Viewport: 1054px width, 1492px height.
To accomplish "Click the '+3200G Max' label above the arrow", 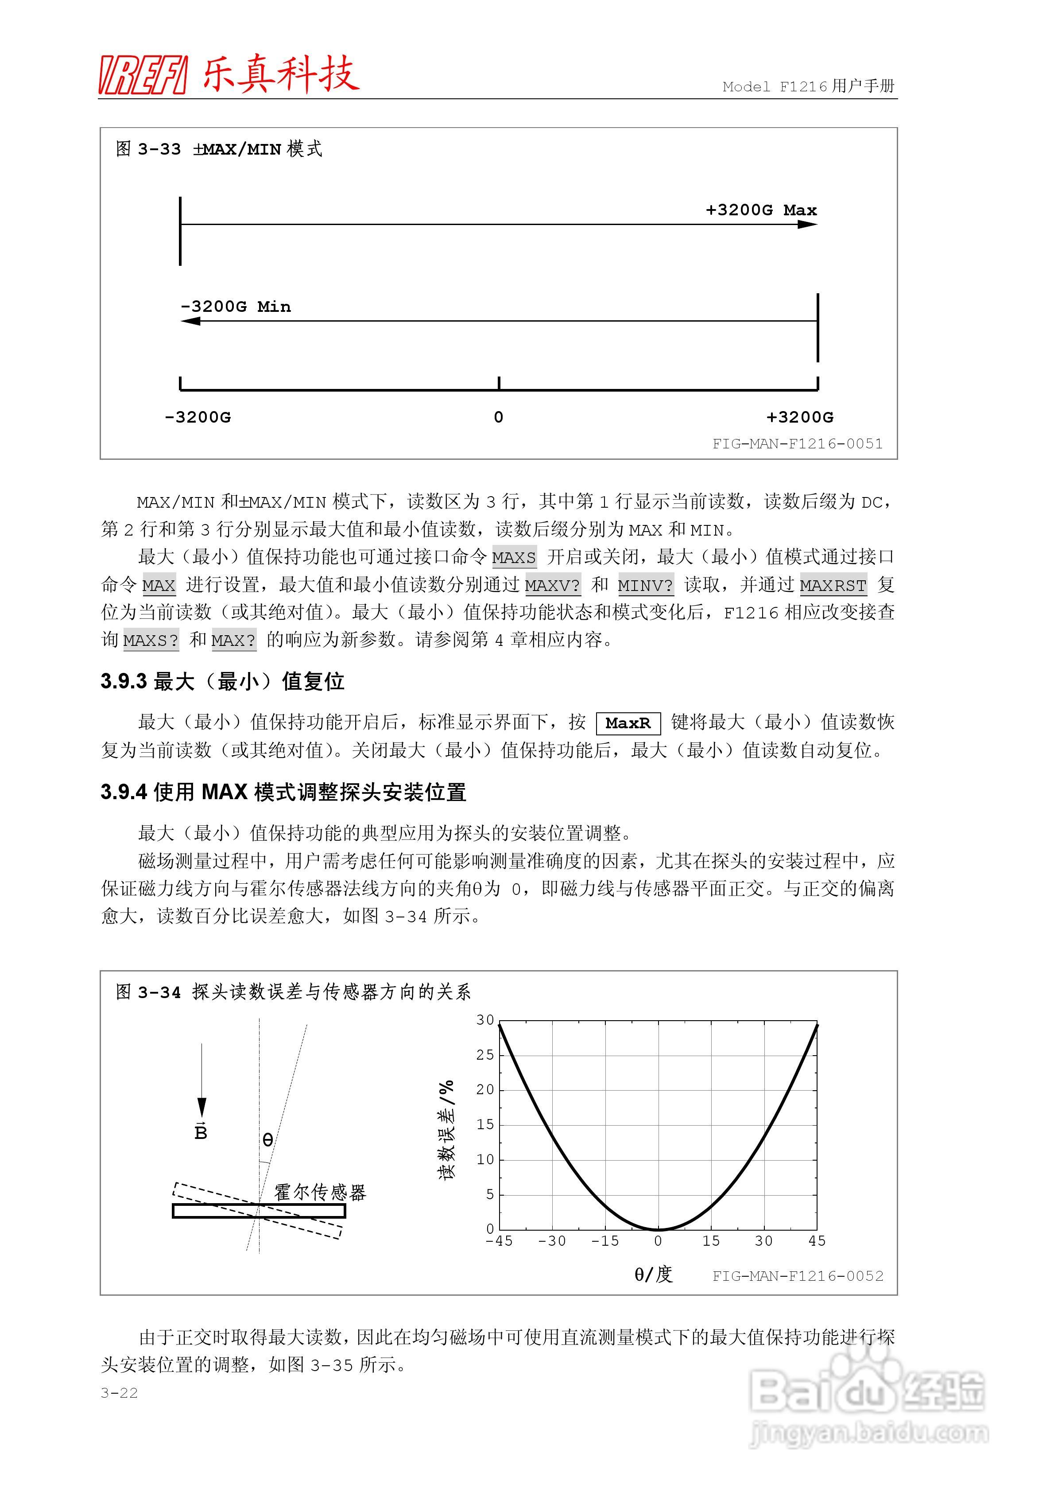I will click(x=761, y=210).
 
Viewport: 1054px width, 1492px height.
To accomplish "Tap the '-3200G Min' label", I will click(x=236, y=307).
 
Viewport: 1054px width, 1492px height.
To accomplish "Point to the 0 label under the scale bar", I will click(x=498, y=417).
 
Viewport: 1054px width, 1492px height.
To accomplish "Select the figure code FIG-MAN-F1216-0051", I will click(x=797, y=444).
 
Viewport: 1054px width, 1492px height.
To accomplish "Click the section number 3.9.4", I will click(x=124, y=792).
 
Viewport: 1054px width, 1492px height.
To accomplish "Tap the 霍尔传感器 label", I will click(x=320, y=1192).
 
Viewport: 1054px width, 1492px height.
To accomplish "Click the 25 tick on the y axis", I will click(x=485, y=1055).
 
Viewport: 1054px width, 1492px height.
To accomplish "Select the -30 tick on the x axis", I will click(x=552, y=1241).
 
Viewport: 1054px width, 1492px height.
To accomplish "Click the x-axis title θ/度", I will click(x=653, y=1274).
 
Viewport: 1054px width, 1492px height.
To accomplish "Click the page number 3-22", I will click(x=119, y=1393).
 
